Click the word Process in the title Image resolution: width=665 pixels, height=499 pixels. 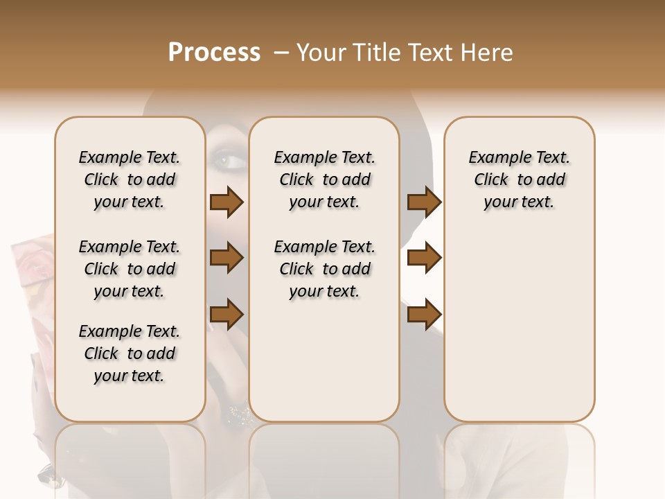tap(214, 53)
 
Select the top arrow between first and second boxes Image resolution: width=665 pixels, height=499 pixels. tap(227, 202)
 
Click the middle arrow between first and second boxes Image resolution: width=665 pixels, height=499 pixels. tap(227, 259)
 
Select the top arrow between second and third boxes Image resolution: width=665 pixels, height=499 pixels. tap(424, 202)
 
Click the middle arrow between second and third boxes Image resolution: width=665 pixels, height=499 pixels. tap(424, 259)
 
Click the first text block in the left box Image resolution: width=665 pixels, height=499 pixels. tap(130, 180)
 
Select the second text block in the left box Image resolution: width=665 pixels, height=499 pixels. tap(130, 269)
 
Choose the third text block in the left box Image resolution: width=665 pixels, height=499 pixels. tap(130, 353)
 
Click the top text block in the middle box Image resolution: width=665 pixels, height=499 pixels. tap(324, 180)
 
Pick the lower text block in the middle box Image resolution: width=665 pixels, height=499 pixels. tap(324, 269)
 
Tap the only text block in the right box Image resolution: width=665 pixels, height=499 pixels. tap(519, 180)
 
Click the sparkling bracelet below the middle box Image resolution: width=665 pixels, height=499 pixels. tap(240, 415)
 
